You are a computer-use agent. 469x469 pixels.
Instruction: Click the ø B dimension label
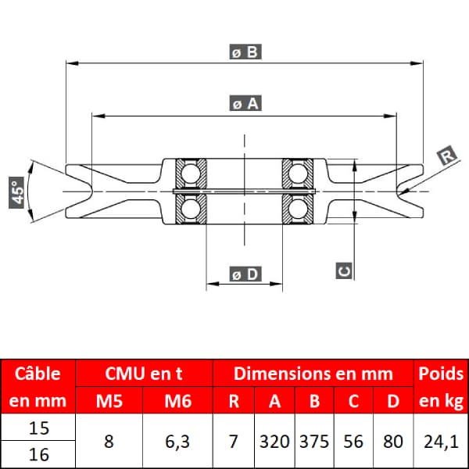tap(245, 52)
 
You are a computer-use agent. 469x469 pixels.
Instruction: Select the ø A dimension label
tap(245, 103)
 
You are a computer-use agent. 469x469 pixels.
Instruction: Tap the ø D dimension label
tap(245, 274)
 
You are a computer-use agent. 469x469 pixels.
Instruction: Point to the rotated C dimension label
tap(344, 270)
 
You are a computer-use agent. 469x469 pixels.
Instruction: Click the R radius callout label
tap(447, 156)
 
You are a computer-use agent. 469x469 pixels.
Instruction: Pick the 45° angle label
tap(16, 192)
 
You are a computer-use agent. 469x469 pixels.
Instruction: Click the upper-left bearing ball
tap(190, 174)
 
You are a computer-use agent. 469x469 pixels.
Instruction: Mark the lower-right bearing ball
tap(298, 209)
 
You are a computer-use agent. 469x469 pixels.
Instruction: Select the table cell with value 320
tap(274, 442)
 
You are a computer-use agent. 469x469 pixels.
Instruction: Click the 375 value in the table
tap(314, 442)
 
